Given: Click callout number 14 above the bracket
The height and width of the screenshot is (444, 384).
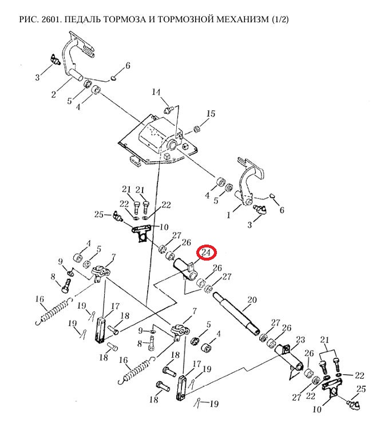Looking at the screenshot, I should (157, 93).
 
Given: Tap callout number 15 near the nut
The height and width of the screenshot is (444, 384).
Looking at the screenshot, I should (211, 114).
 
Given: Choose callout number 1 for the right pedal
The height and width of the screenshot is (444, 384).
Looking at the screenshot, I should (230, 216).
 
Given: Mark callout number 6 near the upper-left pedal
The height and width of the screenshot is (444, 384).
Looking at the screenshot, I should (127, 66).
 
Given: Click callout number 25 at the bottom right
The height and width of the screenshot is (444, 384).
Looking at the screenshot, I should (361, 390).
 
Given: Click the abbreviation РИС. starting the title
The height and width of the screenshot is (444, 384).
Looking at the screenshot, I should (28, 21).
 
